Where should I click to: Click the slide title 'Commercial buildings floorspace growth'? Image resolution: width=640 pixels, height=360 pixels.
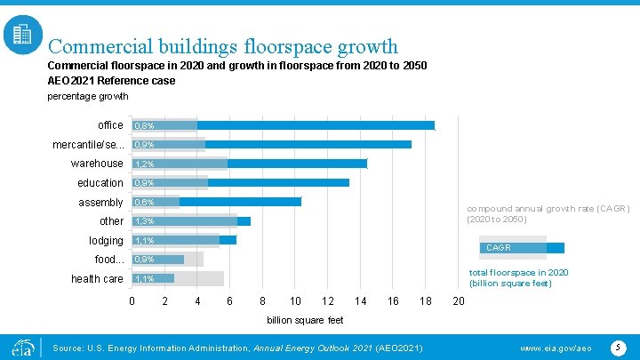(223, 45)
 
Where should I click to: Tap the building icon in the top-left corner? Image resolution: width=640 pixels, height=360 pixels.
(21, 36)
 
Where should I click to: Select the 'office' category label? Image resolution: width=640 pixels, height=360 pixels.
(111, 125)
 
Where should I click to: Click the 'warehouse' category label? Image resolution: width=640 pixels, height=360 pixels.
(98, 164)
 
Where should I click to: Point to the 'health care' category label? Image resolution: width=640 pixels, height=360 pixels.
(98, 279)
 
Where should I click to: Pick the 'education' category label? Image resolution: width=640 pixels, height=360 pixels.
(100, 183)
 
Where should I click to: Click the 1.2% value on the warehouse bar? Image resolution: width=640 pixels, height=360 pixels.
(144, 164)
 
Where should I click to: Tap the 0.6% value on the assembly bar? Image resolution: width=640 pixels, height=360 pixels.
(144, 203)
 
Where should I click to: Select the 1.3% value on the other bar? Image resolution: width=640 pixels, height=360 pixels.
(144, 221)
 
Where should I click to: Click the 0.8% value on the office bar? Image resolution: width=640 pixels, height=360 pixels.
(144, 126)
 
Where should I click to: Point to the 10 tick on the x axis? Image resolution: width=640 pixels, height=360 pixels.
(295, 302)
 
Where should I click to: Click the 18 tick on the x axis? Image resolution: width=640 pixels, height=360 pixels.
(426, 302)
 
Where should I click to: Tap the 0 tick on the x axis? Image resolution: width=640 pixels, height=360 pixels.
(132, 302)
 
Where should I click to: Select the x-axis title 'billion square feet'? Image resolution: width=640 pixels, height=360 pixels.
(305, 320)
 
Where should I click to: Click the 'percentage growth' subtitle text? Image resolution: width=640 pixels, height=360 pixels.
(87, 96)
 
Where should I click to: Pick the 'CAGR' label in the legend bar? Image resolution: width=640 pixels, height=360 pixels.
(498, 248)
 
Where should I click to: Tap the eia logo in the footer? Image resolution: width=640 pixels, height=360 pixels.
(21, 347)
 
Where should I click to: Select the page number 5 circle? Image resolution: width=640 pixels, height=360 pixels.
(617, 346)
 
